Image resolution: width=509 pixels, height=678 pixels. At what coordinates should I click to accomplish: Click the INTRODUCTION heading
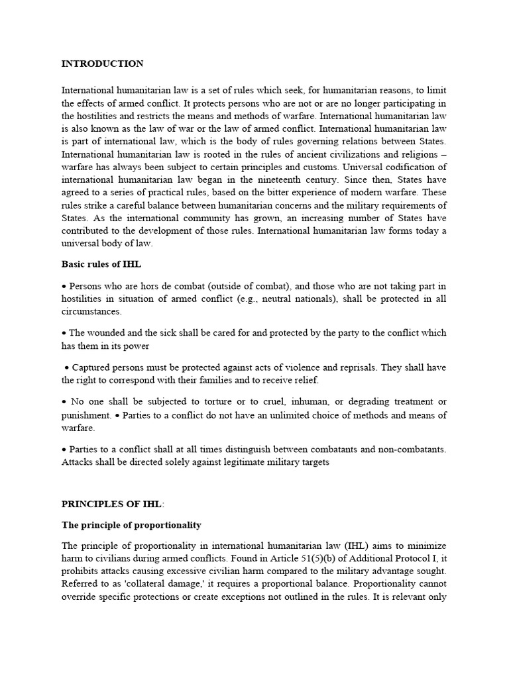click(x=102, y=64)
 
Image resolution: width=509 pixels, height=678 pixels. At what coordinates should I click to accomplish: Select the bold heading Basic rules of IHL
click(x=101, y=264)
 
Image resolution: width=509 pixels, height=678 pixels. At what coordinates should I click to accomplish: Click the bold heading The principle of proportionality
click(x=131, y=525)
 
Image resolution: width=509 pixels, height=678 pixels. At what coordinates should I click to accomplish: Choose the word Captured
click(x=89, y=367)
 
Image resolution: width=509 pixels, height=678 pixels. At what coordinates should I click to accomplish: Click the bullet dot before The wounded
click(x=64, y=333)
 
